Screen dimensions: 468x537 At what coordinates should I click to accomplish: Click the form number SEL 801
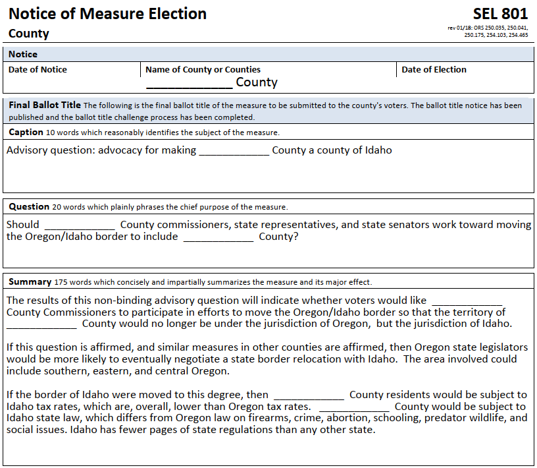point(499,14)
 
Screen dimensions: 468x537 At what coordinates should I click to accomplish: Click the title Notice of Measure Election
point(107,14)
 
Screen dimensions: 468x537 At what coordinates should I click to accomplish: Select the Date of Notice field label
point(38,69)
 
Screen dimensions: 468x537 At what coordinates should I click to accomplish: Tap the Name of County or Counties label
point(203,69)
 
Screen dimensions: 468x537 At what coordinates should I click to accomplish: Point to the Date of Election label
point(434,69)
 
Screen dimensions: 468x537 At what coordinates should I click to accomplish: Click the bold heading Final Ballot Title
point(45,105)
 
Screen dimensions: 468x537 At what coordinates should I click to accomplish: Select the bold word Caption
point(26,132)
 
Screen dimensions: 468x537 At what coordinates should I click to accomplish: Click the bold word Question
point(29,206)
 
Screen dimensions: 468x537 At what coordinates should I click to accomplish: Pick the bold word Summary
point(30,281)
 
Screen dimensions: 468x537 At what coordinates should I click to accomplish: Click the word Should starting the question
point(22,225)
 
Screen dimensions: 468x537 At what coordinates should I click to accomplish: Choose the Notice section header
point(23,54)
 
